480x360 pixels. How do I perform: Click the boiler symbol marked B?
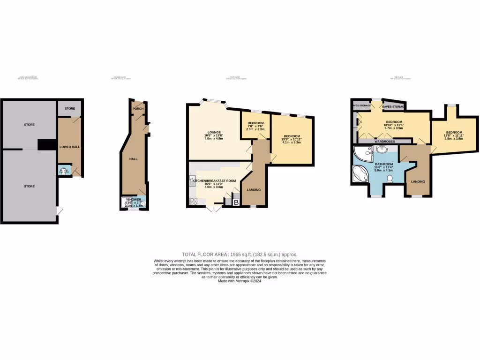point(236,202)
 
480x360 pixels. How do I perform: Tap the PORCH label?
point(138,109)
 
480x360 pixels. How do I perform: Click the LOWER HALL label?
point(69,147)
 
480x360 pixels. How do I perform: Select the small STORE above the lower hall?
point(70,109)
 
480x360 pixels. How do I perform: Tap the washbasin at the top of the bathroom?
point(382,150)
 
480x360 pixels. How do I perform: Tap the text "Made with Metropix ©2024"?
point(240,281)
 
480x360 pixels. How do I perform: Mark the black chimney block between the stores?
point(46,145)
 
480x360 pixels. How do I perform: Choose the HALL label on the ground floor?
point(133,159)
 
